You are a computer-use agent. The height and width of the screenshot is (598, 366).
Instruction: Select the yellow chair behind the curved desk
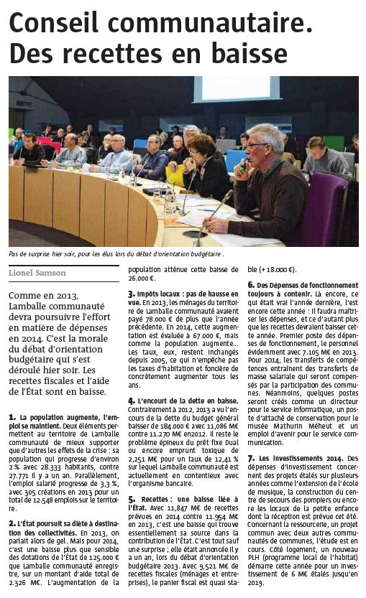click(175, 176)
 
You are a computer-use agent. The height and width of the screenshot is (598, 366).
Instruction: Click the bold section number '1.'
click(12, 417)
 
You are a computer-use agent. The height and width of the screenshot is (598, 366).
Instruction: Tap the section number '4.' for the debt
click(131, 400)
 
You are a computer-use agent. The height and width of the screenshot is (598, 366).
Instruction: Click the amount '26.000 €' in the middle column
click(142, 278)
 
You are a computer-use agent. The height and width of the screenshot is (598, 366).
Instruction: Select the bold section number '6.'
click(250, 286)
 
